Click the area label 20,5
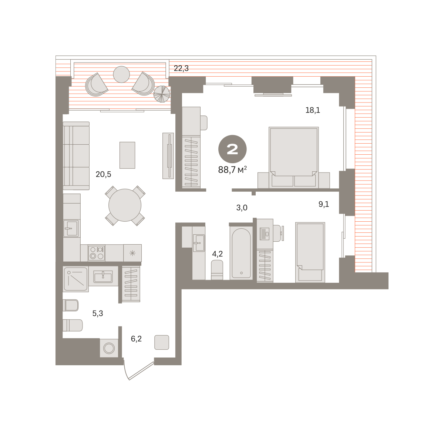pos(103,174)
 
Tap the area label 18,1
pos(313,110)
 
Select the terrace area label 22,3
pos(181,68)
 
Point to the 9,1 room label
pos(324,204)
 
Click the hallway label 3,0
pos(242,208)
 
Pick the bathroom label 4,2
pos(217,254)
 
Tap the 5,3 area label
pos(97,313)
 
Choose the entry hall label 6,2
pos(136,339)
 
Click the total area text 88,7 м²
pos(232,170)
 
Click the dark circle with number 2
pos(232,149)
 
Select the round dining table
pos(125,205)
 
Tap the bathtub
pos(241,253)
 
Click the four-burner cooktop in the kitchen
pos(97,253)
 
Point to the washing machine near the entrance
pos(109,348)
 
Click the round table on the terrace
pos(121,74)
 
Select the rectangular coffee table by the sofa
pos(127,155)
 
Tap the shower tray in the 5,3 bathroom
pos(75,279)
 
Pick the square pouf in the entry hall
pos(162,342)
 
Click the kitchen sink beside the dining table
pos(71,228)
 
